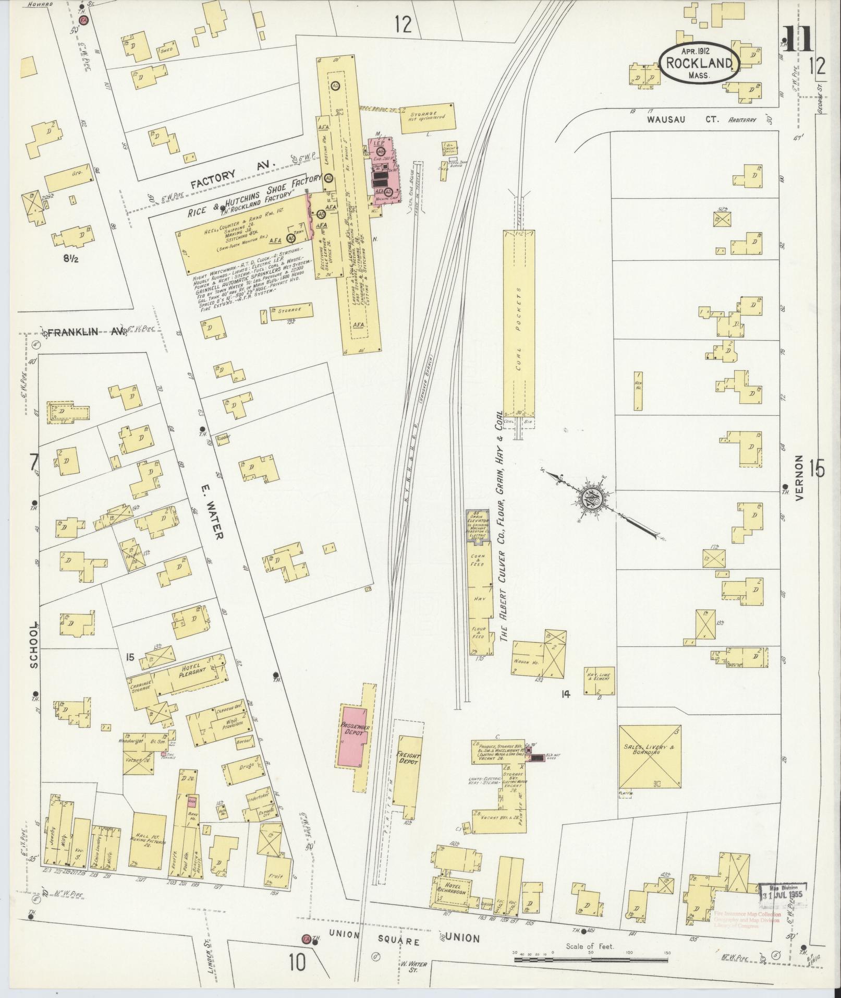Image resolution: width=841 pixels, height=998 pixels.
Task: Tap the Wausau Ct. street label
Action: coord(682,119)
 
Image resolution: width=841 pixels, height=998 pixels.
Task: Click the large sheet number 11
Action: coord(798,40)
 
